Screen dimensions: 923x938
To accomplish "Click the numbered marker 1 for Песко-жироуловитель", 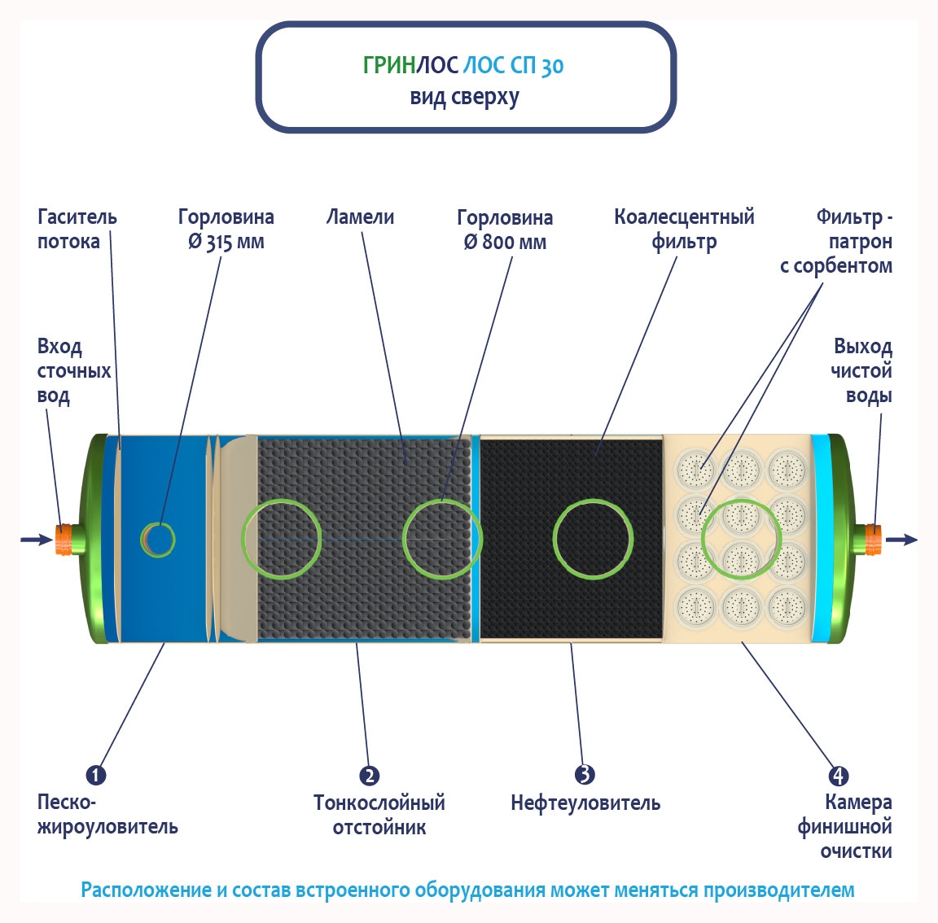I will pyautogui.click(x=96, y=775).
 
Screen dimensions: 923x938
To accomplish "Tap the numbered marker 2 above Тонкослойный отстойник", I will pyautogui.click(x=369, y=775).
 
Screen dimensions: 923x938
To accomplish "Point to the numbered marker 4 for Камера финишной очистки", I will pyautogui.click(x=838, y=776).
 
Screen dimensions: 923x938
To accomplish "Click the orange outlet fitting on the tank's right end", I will pyautogui.click(x=872, y=539).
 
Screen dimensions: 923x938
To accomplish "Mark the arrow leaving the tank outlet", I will pyautogui.click(x=902, y=540).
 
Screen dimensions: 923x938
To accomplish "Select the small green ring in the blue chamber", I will pyautogui.click(x=159, y=539).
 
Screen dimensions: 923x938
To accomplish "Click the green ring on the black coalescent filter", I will pyautogui.click(x=593, y=540).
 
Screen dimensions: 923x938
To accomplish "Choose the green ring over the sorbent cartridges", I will pyautogui.click(x=741, y=538).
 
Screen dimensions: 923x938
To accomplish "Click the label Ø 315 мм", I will pyautogui.click(x=226, y=243).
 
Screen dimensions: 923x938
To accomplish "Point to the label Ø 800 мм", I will pyautogui.click(x=505, y=243).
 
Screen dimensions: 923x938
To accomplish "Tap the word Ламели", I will pyautogui.click(x=360, y=217).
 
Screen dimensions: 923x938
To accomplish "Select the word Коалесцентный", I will pyautogui.click(x=684, y=217).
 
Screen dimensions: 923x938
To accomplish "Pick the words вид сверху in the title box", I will pyautogui.click(x=464, y=97).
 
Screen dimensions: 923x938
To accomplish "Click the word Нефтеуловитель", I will pyautogui.click(x=585, y=803).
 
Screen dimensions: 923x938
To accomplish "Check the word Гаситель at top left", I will pyautogui.click(x=77, y=217).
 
